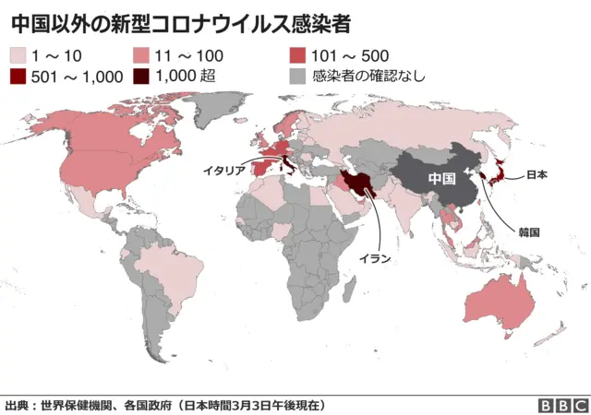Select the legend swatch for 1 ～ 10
[17, 55]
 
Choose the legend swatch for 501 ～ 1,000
[17, 76]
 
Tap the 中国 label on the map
[442, 177]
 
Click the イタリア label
[224, 171]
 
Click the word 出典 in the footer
[17, 405]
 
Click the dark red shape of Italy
[289, 166]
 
